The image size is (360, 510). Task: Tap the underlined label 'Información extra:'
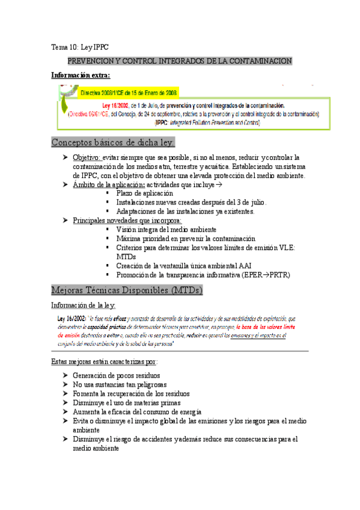pos(80,76)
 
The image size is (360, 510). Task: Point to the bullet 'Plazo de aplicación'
pos(145,194)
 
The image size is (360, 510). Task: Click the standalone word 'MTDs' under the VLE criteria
pos(126,257)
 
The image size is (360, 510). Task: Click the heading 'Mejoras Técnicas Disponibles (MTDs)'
pos(127,290)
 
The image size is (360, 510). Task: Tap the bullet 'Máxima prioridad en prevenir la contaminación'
pos(186,239)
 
